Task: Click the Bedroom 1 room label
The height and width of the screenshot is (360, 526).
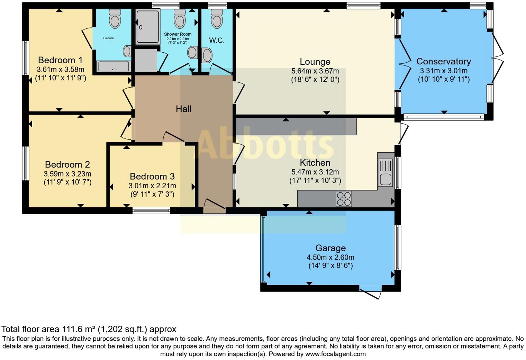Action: (60, 60)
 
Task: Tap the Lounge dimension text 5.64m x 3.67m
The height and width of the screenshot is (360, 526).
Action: (315, 71)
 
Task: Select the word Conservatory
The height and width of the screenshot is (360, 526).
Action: (444, 62)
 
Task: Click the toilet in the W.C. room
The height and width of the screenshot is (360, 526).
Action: (217, 19)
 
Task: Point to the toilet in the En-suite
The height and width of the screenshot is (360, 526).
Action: (115, 19)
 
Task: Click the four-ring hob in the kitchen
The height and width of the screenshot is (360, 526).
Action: (344, 199)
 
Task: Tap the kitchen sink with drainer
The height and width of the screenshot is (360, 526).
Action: (386, 173)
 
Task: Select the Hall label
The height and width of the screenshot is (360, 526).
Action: (184, 109)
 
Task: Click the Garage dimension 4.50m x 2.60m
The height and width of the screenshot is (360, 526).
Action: (330, 257)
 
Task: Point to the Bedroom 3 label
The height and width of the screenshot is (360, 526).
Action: (152, 176)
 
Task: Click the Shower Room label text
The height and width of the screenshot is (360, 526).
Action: (178, 34)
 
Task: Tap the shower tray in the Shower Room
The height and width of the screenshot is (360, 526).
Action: (148, 27)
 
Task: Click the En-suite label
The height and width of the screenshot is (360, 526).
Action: (109, 38)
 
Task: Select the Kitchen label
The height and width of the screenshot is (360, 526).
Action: (315, 163)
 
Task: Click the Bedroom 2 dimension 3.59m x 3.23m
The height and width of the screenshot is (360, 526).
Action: (67, 174)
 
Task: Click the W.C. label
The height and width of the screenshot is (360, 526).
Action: (217, 40)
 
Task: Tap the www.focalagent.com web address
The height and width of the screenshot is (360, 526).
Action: (336, 354)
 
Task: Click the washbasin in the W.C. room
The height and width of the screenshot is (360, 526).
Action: (207, 55)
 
